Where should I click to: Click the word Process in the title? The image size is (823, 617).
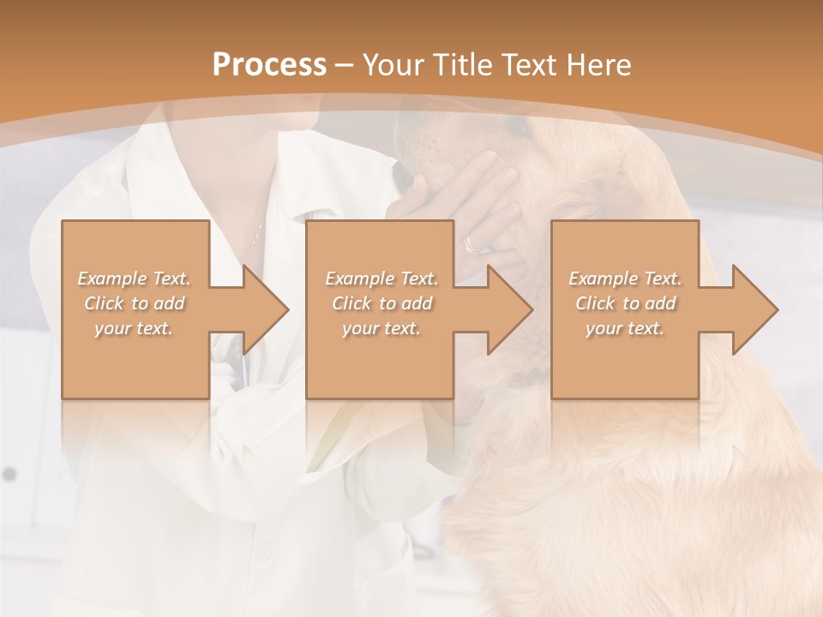click(269, 64)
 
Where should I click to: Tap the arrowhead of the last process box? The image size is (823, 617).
click(754, 309)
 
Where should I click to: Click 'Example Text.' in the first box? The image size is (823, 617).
click(135, 279)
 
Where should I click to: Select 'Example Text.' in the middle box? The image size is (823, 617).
click(381, 279)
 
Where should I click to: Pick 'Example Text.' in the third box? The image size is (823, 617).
click(625, 279)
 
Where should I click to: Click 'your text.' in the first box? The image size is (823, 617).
click(135, 328)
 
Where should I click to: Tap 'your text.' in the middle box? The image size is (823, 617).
click(381, 328)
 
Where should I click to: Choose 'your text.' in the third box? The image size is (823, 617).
click(625, 328)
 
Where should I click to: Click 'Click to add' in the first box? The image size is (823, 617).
click(135, 303)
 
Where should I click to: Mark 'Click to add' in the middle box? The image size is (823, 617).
click(381, 303)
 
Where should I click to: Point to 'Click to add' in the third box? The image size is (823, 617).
click(625, 303)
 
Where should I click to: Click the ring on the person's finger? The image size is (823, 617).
click(471, 244)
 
